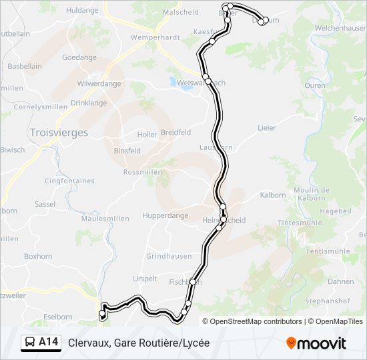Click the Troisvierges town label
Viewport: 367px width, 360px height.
[x=59, y=133]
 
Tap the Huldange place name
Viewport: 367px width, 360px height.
[x=82, y=10]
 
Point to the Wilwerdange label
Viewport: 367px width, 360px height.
[x=99, y=83]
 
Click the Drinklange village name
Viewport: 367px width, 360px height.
[x=89, y=103]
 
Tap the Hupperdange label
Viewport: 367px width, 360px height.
[x=166, y=216]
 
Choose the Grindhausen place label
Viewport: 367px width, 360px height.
[x=169, y=256]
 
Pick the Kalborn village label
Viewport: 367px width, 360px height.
[x=273, y=195]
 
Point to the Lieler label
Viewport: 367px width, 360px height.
[x=267, y=127]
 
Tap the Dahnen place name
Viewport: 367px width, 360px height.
[x=340, y=281]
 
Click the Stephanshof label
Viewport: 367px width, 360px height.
[x=328, y=301]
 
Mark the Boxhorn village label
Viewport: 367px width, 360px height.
[x=38, y=256]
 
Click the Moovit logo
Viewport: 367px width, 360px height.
[x=316, y=343]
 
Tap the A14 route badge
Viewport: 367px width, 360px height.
[x=48, y=342]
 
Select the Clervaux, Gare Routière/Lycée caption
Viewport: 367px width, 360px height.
[x=139, y=343]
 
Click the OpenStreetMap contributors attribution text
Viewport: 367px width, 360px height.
[x=256, y=321]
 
